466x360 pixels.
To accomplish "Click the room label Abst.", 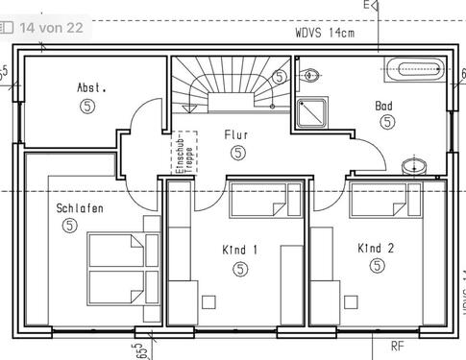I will tap(91, 87).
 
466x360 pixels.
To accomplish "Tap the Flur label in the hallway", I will tap(236, 134).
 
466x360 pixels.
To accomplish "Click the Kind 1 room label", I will tap(239, 250).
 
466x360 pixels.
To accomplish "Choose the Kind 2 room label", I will tap(376, 248).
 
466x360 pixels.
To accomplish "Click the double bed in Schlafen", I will tap(123, 266).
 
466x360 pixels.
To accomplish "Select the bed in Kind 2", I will tap(383, 200).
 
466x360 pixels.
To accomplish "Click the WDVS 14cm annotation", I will tap(326, 32).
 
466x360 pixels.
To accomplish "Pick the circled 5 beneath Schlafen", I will tap(69, 226).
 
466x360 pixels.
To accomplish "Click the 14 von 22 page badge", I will tap(48, 28).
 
